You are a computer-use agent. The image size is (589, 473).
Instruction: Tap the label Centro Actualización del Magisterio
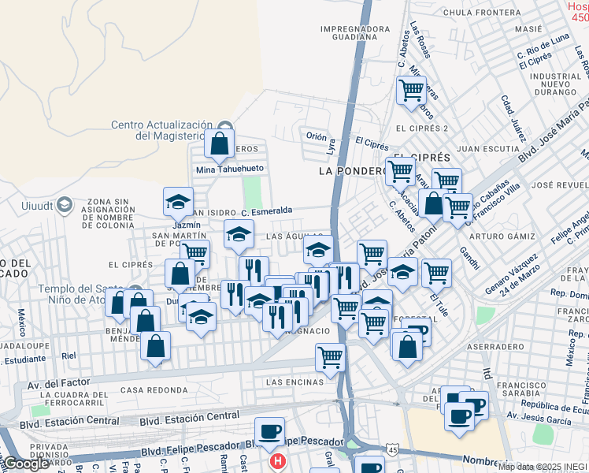click(161, 130)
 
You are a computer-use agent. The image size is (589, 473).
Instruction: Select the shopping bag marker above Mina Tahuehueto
click(220, 143)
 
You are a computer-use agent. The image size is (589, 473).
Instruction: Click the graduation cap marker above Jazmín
click(179, 202)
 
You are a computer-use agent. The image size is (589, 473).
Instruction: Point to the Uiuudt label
click(35, 207)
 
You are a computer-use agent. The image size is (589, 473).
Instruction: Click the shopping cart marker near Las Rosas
click(411, 91)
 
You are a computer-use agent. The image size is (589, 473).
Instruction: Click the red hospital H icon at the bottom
click(277, 461)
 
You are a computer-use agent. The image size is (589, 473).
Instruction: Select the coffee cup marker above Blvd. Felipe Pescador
click(270, 431)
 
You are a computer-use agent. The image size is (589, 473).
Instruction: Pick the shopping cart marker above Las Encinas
click(330, 357)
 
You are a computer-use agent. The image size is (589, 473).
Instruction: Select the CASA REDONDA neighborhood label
click(144, 390)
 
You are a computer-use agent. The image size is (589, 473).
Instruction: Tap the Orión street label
click(317, 136)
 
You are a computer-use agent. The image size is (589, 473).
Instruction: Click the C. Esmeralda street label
click(268, 210)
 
